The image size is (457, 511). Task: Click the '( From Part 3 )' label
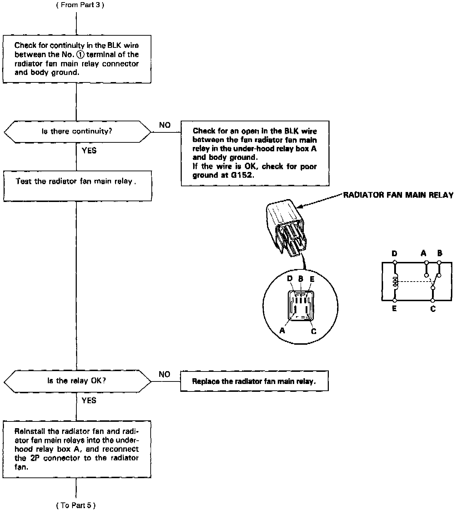[80, 5]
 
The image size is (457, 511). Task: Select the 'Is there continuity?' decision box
[77, 131]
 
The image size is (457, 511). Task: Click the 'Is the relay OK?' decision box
[77, 381]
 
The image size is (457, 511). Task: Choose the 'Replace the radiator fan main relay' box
[254, 381]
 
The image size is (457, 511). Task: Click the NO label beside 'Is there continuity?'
[165, 125]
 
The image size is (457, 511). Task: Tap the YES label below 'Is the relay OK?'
[89, 400]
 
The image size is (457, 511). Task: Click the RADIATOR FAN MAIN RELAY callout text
[398, 195]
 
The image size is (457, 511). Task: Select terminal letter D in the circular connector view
[290, 278]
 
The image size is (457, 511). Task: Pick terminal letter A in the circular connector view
[282, 330]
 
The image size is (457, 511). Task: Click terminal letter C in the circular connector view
[313, 332]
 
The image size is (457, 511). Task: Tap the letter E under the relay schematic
[394, 308]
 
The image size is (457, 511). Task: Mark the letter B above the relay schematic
[440, 253]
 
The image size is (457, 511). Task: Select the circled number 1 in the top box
[80, 55]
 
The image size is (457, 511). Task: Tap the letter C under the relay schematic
[433, 309]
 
